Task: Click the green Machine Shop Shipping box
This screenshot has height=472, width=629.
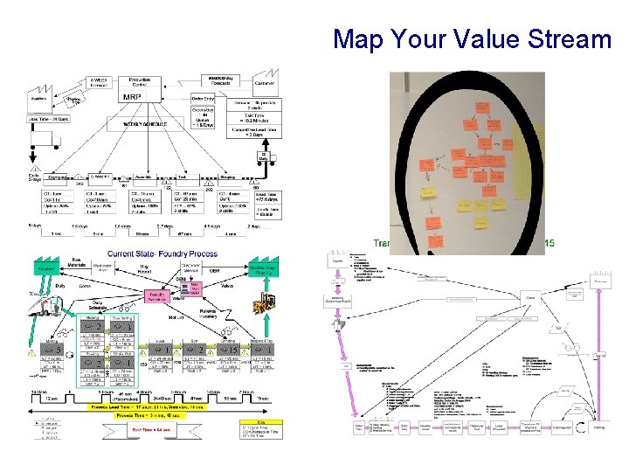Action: click(270, 270)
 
